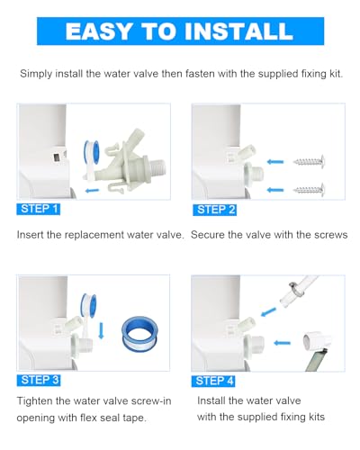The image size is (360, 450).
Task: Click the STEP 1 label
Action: [39, 209]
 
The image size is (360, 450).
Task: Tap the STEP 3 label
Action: [39, 379]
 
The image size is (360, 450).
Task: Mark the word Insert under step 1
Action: [33, 234]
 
